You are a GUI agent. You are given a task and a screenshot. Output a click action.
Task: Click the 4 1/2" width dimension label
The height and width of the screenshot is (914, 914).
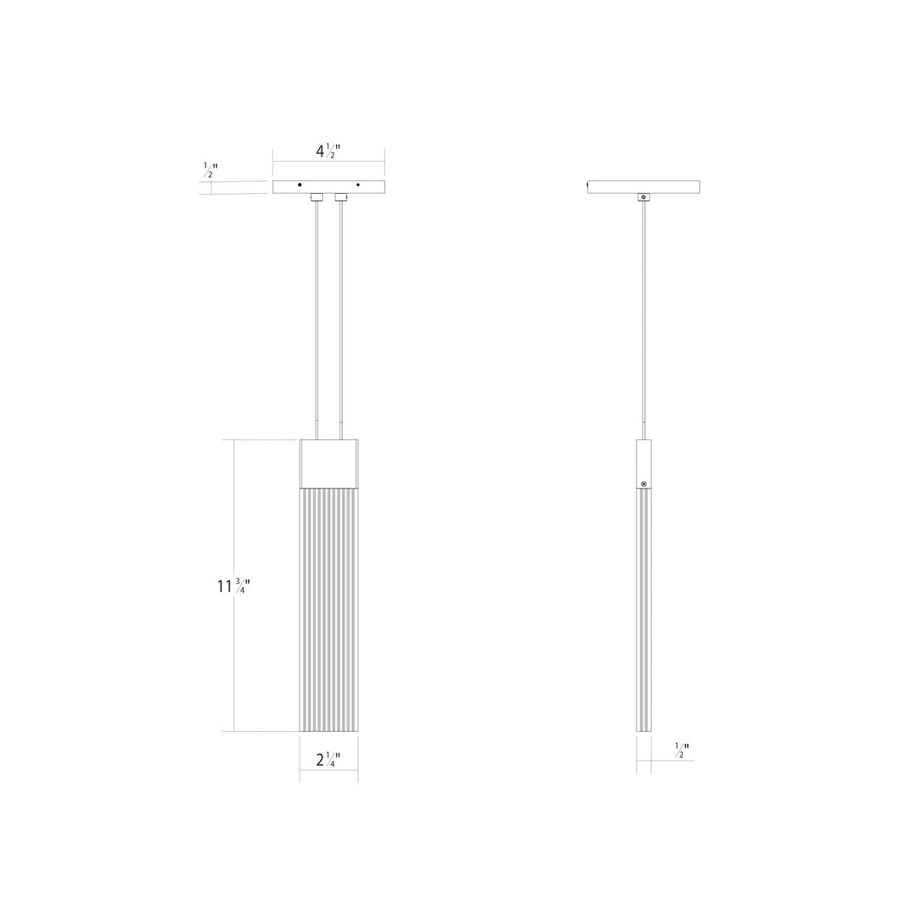tap(328, 151)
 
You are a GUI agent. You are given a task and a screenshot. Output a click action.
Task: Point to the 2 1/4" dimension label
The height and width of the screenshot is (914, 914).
tap(328, 759)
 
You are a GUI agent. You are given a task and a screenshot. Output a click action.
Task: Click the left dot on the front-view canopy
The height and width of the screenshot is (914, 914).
tap(300, 184)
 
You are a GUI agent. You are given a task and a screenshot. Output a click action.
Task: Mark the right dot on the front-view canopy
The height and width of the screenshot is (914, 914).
tap(358, 184)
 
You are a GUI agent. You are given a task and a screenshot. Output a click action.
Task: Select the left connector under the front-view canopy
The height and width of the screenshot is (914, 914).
tap(317, 197)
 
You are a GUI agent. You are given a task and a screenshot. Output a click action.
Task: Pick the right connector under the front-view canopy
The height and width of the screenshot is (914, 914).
tap(341, 197)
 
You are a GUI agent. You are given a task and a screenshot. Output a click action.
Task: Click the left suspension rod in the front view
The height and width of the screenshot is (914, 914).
tap(317, 322)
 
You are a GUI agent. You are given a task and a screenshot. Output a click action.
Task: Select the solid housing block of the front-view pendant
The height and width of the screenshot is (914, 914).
tap(328, 463)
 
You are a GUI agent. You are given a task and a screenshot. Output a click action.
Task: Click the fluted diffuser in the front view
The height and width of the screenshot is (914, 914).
tap(328, 609)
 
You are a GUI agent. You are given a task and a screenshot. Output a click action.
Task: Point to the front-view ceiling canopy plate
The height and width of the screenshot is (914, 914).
tap(328, 186)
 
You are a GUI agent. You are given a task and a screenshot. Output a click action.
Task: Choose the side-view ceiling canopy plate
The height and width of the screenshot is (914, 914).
tap(644, 186)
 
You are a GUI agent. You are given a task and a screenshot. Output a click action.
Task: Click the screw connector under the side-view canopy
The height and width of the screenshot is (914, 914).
tap(644, 197)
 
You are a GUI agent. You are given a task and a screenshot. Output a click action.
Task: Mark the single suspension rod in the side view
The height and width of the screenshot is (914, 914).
tap(644, 322)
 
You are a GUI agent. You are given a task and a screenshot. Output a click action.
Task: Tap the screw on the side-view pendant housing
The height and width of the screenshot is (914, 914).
tap(644, 483)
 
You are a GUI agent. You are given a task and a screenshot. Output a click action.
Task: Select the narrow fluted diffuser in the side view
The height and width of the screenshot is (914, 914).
tap(644, 609)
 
